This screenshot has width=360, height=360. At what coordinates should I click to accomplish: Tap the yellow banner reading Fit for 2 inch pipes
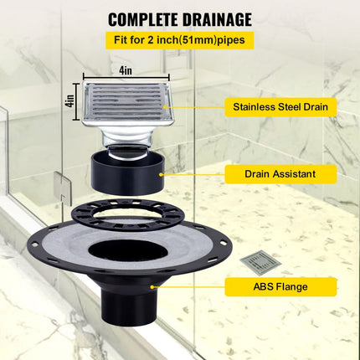[x=180, y=39]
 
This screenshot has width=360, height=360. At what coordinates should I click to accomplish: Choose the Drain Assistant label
[x=280, y=173]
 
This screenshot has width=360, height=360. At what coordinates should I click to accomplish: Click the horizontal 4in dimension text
[x=126, y=72]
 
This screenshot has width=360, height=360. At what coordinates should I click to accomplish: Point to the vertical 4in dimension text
[x=70, y=105]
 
